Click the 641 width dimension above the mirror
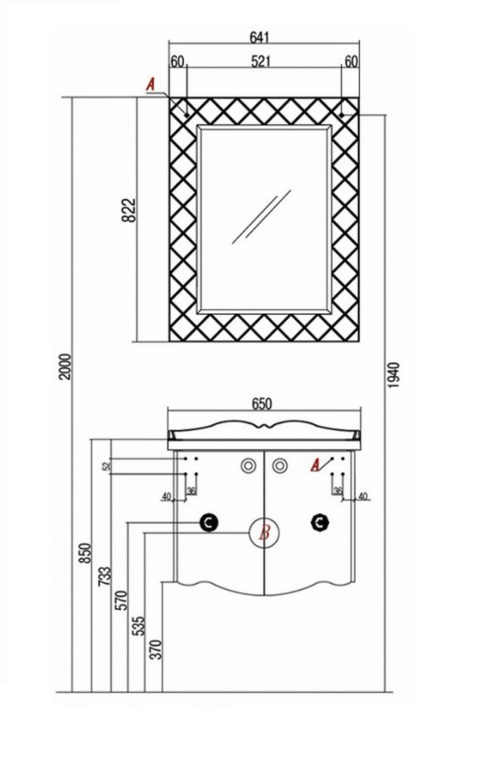[259, 36]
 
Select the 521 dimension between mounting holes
[261, 62]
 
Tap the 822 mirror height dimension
[128, 210]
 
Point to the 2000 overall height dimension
[65, 366]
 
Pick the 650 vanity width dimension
[261, 403]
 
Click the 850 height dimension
[85, 553]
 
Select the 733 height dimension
[105, 577]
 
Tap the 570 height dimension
[121, 600]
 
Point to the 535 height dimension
[138, 625]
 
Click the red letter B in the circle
[264, 534]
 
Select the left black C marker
[209, 522]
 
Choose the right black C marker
[320, 522]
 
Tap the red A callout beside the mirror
[150, 85]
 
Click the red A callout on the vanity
[315, 465]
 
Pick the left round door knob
[248, 465]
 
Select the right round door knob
[280, 465]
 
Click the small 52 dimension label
[106, 466]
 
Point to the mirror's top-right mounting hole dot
[341, 115]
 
